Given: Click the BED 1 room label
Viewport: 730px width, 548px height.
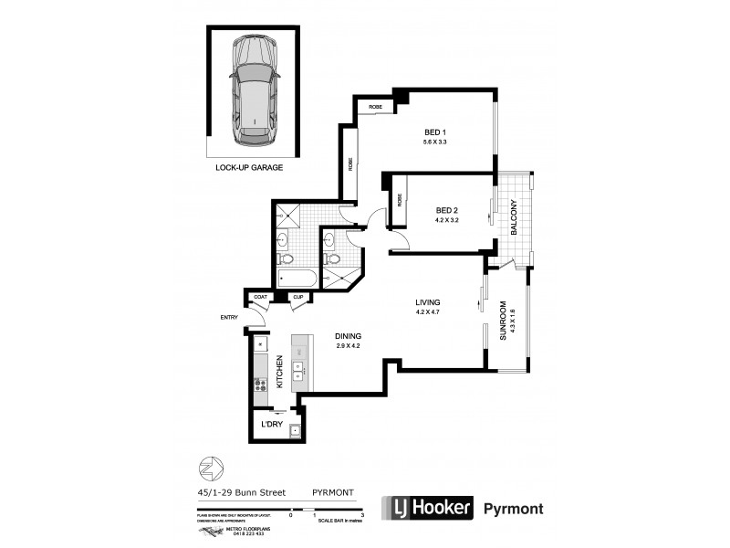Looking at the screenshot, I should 447,132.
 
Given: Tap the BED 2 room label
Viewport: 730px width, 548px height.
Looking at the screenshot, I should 447,209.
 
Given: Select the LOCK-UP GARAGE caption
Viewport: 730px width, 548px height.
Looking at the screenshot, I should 249,168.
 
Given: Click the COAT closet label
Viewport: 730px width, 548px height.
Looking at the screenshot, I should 261,297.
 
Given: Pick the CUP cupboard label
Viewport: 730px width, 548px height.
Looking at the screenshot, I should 298,297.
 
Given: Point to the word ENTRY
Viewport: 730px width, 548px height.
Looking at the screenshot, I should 228,317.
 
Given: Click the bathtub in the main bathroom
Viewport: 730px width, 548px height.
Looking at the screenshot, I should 296,278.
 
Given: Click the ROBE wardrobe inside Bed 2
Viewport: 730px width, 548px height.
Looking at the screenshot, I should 400,201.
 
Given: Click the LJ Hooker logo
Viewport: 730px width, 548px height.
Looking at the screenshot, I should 428,508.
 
